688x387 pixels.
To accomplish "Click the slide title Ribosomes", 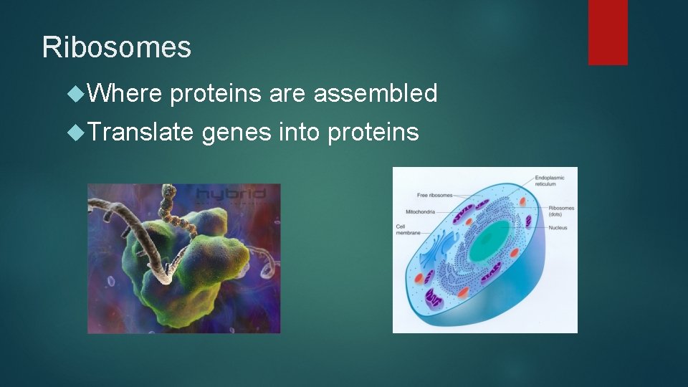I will click(117, 47).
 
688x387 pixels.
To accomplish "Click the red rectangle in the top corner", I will click(608, 32).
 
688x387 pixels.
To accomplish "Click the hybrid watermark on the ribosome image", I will click(231, 193).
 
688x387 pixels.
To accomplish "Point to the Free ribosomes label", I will click(434, 195).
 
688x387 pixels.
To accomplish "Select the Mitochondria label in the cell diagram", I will click(423, 211).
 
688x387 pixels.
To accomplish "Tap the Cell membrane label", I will click(407, 230).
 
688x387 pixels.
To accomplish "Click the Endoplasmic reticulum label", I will click(550, 180).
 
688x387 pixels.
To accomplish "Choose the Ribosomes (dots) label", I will click(560, 211).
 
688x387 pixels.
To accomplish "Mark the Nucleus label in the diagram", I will click(558, 228).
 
